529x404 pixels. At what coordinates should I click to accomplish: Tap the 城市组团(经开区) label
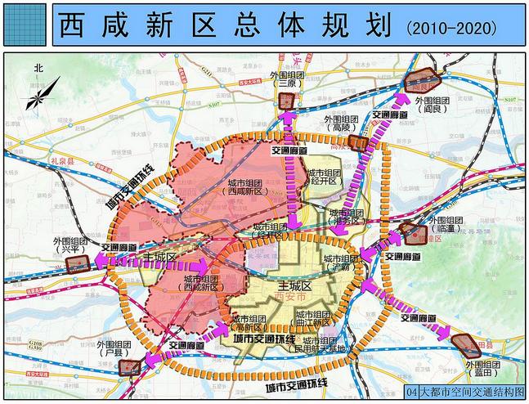(x=324, y=178)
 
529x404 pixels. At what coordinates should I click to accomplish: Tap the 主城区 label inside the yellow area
(x=295, y=286)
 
